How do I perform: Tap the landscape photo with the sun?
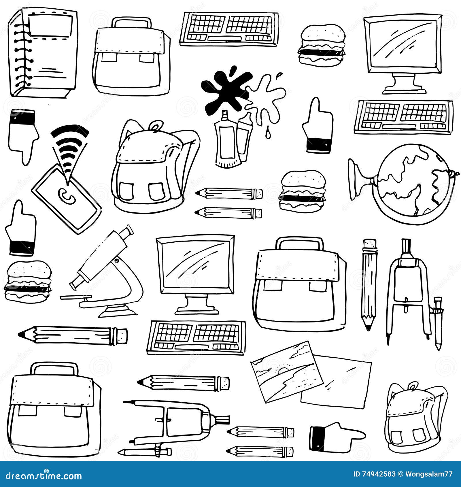coord(285,372)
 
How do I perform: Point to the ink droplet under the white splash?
coord(268,133)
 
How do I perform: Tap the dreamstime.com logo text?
coord(43,475)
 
